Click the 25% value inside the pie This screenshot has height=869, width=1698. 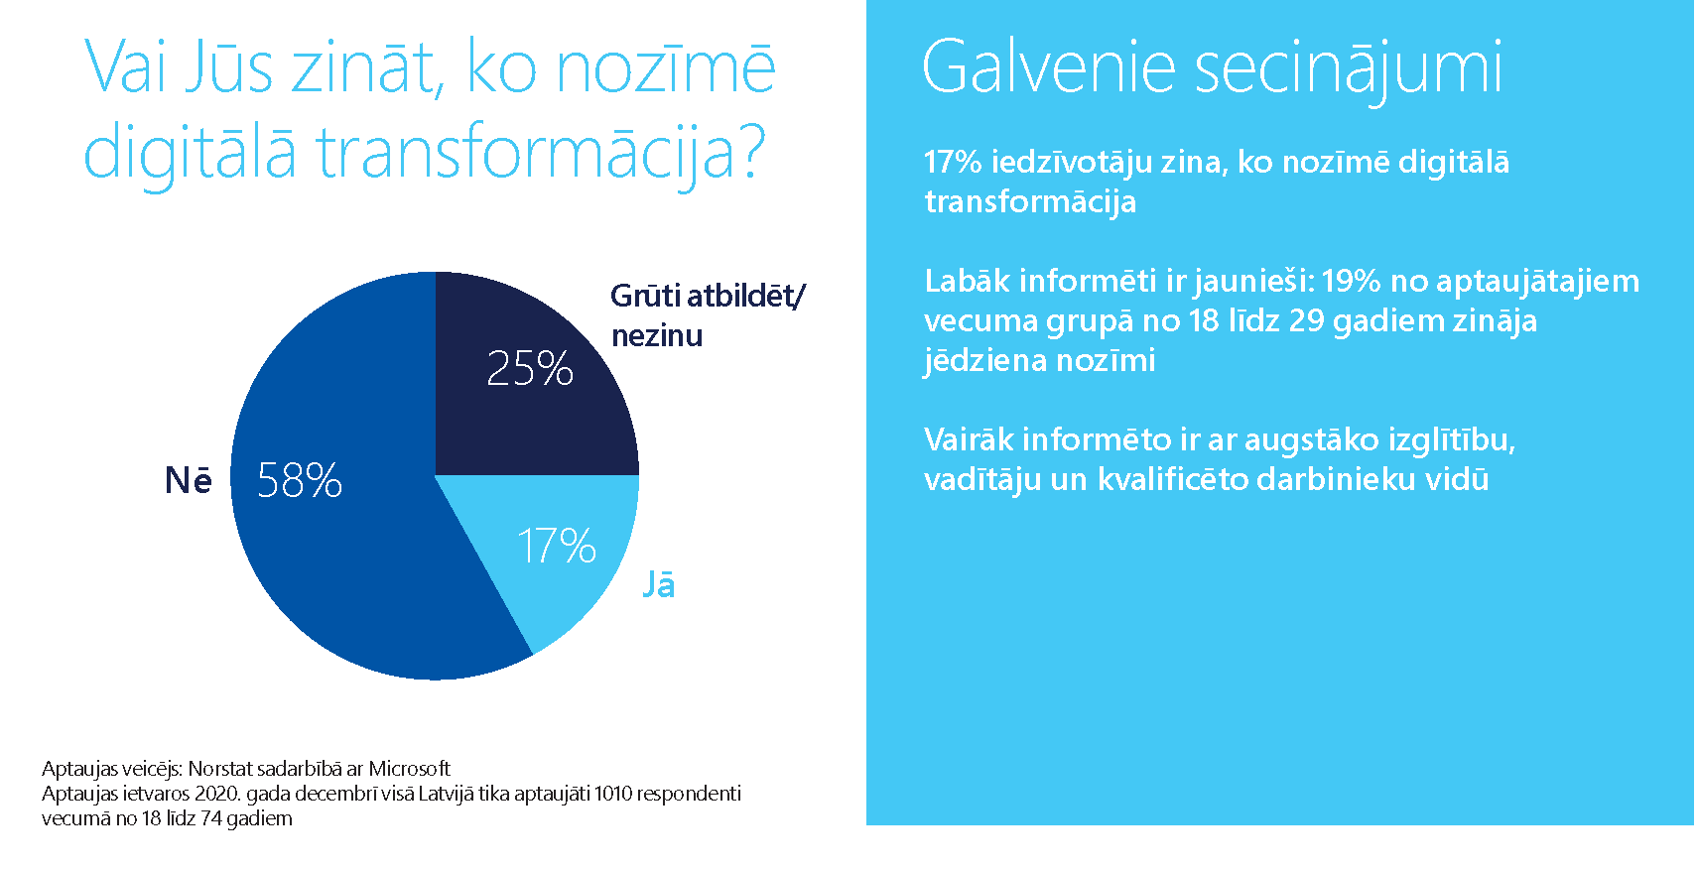529,368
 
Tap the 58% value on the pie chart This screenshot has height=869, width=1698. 299,480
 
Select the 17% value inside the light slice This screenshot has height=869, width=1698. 556,546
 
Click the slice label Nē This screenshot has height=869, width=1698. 188,480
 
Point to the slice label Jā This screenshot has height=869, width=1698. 659,583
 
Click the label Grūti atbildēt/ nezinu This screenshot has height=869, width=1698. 707,314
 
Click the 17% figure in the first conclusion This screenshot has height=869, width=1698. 952,162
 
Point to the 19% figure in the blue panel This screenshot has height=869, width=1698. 1350,281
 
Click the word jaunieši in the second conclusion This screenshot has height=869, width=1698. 1252,282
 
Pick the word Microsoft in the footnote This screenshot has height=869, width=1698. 409,768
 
